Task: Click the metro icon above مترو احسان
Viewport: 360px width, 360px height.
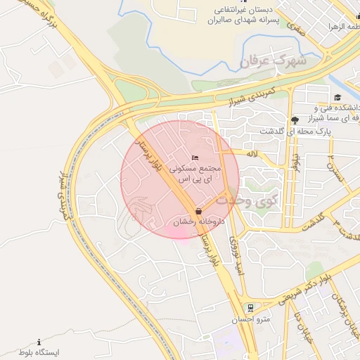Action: pyautogui.click(x=250, y=307)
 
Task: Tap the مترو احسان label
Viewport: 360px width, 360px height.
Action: pyautogui.click(x=250, y=319)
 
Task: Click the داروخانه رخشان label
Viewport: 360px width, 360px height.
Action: pyautogui.click(x=198, y=222)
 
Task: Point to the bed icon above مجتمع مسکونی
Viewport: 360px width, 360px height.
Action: pyautogui.click(x=195, y=157)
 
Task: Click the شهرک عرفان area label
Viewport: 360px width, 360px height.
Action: pyautogui.click(x=274, y=61)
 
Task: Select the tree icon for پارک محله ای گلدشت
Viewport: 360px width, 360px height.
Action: pyautogui.click(x=295, y=120)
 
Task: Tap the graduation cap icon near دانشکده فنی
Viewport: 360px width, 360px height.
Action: pyautogui.click(x=337, y=97)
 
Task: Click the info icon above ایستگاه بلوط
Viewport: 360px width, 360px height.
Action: pyautogui.click(x=39, y=342)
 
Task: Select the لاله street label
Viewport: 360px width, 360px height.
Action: pyautogui.click(x=254, y=153)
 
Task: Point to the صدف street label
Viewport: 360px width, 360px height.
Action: pyautogui.click(x=295, y=30)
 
